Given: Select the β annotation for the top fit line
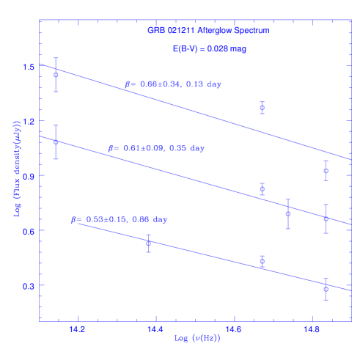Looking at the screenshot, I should (173, 85).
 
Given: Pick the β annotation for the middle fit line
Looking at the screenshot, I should (157, 149).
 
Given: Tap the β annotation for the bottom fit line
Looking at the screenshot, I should (120, 219).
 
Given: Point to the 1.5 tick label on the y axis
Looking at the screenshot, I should (29, 67).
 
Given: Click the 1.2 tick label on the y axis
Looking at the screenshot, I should (29, 122).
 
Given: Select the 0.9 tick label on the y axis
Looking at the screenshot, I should (29, 176).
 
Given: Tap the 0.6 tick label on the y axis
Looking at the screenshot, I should (29, 231).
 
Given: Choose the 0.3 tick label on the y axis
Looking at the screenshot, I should (29, 286).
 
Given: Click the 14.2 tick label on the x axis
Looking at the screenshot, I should (77, 330).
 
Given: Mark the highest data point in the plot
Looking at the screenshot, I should (56, 75).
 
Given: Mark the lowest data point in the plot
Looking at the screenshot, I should (326, 289).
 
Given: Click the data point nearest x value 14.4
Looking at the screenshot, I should (149, 243).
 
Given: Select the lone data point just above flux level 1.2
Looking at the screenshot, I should (262, 108).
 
